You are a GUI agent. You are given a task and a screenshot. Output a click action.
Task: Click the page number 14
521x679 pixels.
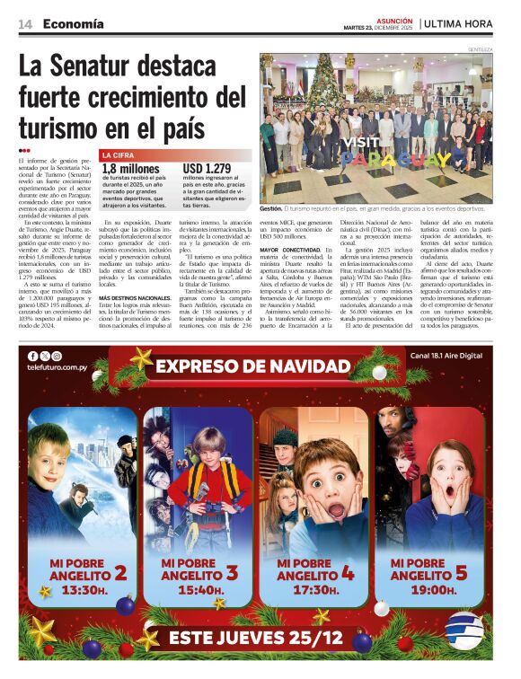click(x=25, y=23)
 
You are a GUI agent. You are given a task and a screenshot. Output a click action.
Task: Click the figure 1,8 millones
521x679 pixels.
click(x=131, y=168)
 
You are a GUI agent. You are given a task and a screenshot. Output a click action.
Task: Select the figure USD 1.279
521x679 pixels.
click(x=208, y=168)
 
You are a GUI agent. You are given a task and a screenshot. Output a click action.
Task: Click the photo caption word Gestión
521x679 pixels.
click(x=271, y=208)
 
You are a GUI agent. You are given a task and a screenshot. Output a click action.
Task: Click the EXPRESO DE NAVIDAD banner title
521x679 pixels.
click(x=260, y=366)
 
